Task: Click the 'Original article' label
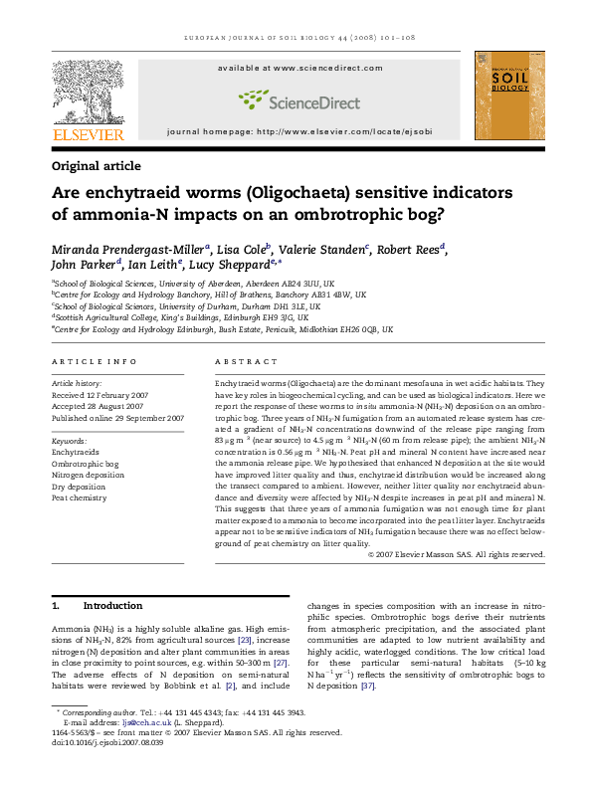tap(96, 166)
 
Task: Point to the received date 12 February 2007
tap(115, 394)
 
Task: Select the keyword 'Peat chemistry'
tap(80, 497)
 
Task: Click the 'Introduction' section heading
tap(111, 605)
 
